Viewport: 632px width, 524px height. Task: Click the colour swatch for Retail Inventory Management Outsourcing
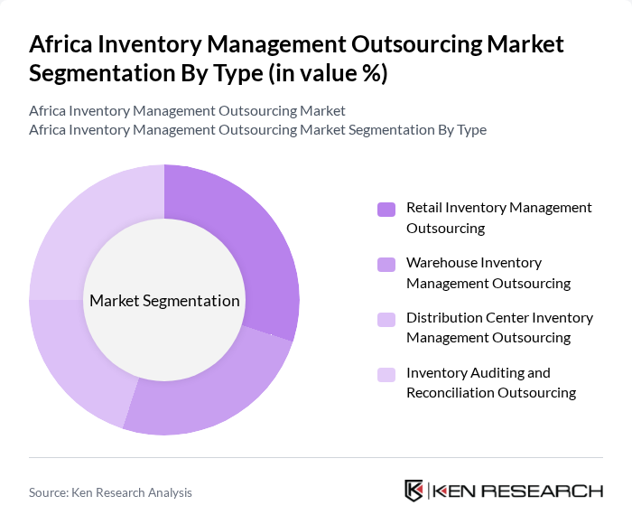tap(386, 210)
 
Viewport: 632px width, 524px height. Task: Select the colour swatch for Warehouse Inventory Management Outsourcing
tap(386, 265)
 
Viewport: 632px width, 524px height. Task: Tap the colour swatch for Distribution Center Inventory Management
tap(386, 319)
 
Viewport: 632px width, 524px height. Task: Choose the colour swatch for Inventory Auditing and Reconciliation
tap(386, 374)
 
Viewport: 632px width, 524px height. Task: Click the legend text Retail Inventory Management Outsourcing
tap(498, 218)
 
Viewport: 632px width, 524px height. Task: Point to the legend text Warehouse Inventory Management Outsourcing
tap(488, 273)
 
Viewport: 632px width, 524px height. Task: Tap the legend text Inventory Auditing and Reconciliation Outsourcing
tap(490, 382)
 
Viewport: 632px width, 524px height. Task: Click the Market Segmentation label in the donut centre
tap(164, 301)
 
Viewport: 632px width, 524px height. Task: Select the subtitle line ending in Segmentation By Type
tap(257, 130)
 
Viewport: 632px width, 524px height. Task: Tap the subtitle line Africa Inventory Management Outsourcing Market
tap(187, 111)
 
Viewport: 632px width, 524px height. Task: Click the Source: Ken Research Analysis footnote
tap(110, 492)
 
